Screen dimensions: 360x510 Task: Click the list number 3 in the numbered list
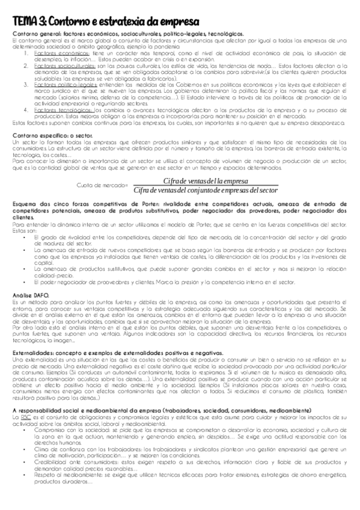[x=26, y=85]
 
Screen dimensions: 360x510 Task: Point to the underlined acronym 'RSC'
[x=25, y=400]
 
